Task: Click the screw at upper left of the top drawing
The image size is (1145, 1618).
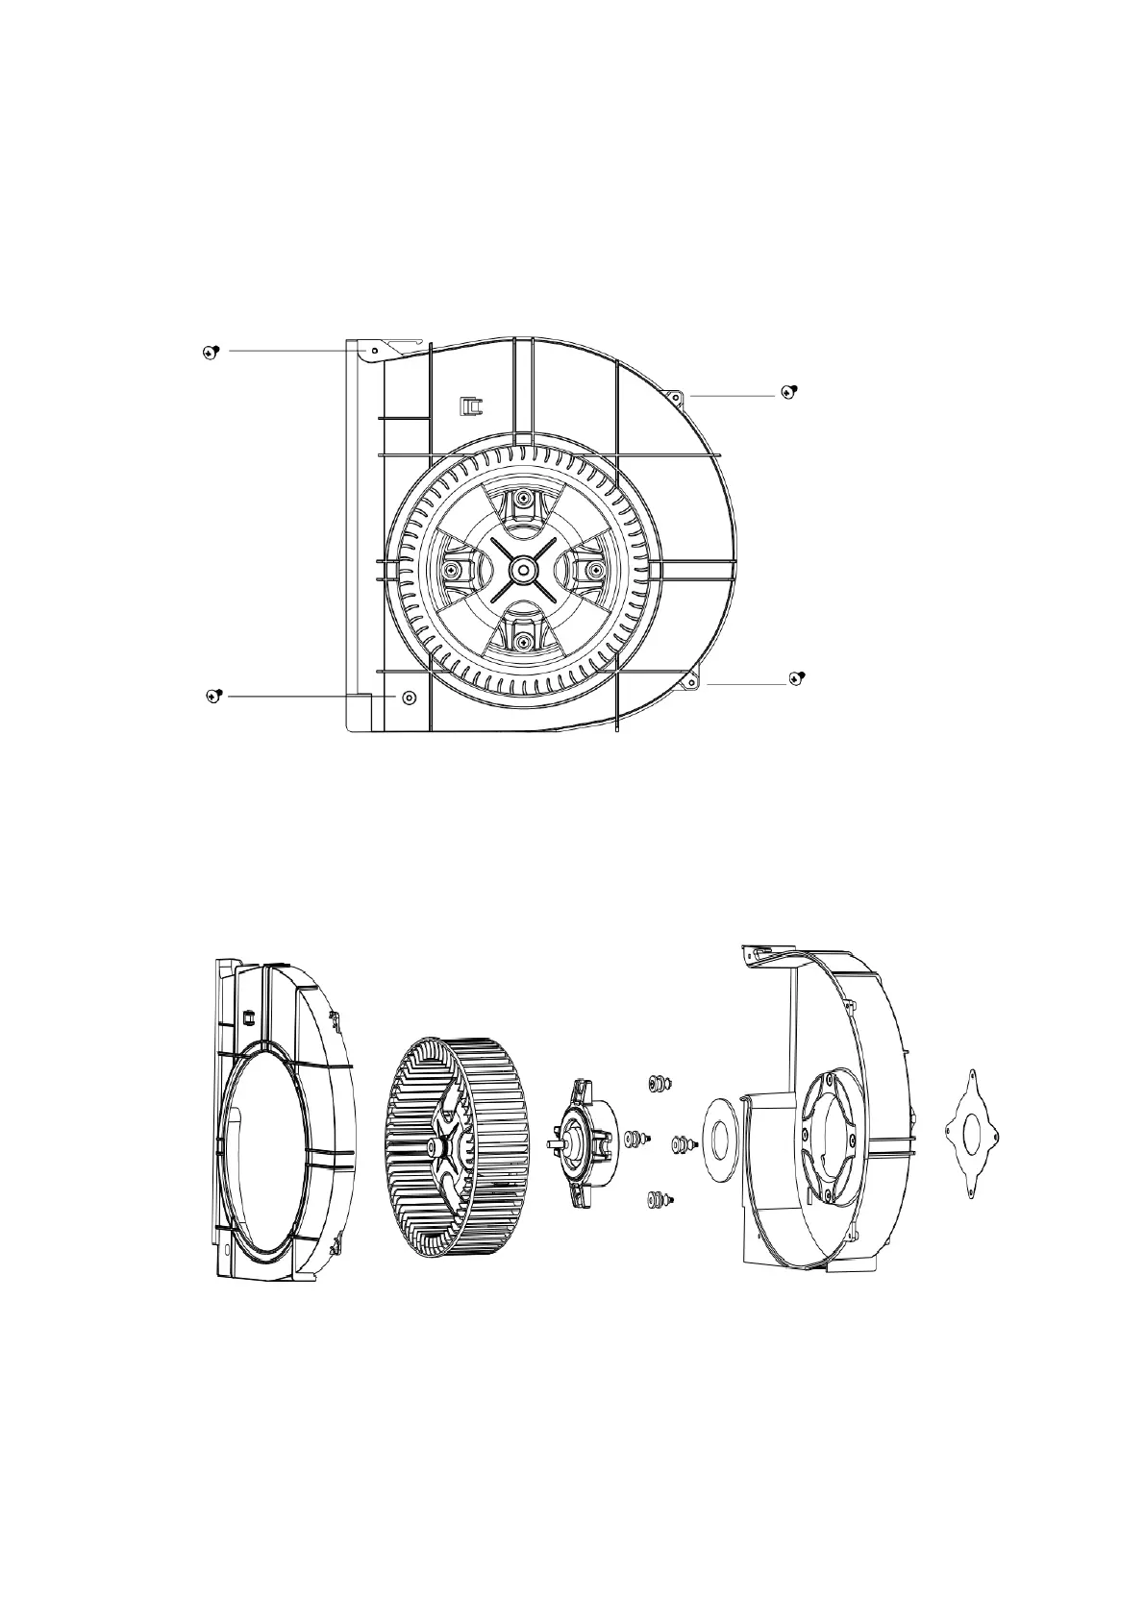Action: click(x=212, y=352)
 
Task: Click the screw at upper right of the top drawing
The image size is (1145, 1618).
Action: click(x=790, y=392)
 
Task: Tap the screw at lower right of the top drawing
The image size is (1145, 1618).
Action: click(x=796, y=678)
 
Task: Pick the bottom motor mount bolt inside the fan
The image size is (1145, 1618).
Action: click(x=522, y=640)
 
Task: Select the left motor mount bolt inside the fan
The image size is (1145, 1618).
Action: click(x=450, y=571)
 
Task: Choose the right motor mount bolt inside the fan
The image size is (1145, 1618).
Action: click(x=594, y=571)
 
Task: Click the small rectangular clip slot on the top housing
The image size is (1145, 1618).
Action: click(x=471, y=405)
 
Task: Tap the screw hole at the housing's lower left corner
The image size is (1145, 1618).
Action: click(x=409, y=696)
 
